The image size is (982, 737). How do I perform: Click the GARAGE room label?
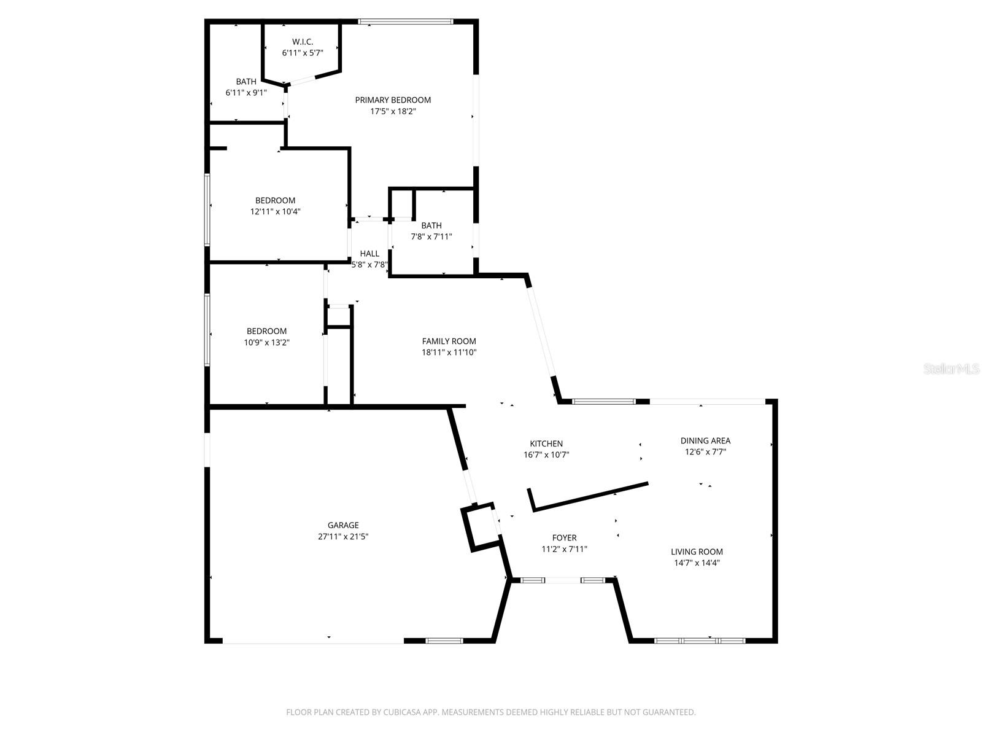pyautogui.click(x=343, y=525)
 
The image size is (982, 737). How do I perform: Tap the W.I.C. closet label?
pyautogui.click(x=303, y=42)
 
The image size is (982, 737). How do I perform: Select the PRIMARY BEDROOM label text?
pyautogui.click(x=393, y=100)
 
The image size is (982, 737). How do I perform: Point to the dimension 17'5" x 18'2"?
pyautogui.click(x=393, y=112)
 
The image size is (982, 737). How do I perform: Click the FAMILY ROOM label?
pyautogui.click(x=449, y=341)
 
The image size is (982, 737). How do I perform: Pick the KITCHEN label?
pyautogui.click(x=546, y=444)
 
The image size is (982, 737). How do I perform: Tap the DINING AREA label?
pyautogui.click(x=705, y=441)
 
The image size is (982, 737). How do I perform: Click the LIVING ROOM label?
pyautogui.click(x=697, y=552)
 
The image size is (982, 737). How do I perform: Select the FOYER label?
pyautogui.click(x=564, y=538)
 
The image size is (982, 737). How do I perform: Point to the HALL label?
pyautogui.click(x=369, y=254)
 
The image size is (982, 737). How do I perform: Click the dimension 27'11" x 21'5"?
pyautogui.click(x=343, y=536)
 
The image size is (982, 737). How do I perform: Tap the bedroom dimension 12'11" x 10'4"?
pyautogui.click(x=275, y=211)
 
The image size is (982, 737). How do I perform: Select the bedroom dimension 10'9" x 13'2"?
pyautogui.click(x=266, y=343)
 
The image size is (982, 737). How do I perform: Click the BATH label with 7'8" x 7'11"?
pyautogui.click(x=431, y=226)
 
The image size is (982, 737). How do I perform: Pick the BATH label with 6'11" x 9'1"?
pyautogui.click(x=246, y=82)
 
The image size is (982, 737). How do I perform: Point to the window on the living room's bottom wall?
pyautogui.click(x=700, y=641)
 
